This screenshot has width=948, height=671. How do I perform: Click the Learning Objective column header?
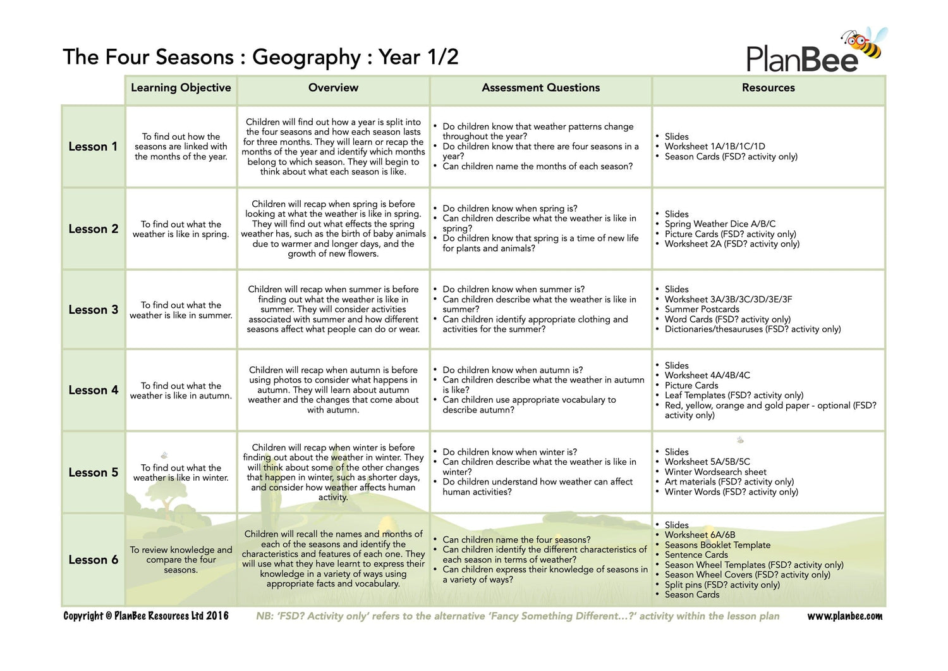pyautogui.click(x=181, y=88)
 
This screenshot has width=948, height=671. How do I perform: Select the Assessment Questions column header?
pyautogui.click(x=540, y=88)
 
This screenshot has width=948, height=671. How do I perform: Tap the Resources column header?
pyautogui.click(x=768, y=88)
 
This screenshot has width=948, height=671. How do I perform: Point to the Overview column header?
pyautogui.click(x=333, y=88)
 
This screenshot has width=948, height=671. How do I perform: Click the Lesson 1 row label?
pyautogui.click(x=93, y=147)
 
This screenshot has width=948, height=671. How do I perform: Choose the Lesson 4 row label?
pyautogui.click(x=93, y=390)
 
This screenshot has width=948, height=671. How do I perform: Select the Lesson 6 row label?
pyautogui.click(x=93, y=560)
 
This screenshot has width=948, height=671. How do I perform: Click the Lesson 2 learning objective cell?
pyautogui.click(x=181, y=229)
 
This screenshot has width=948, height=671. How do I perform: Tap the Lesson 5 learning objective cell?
pyautogui.click(x=181, y=472)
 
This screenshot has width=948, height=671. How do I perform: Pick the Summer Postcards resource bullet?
pyautogui.click(x=702, y=309)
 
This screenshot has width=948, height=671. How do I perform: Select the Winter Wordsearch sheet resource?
pyautogui.click(x=715, y=472)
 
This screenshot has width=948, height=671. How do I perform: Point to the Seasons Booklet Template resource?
pyautogui.click(x=717, y=545)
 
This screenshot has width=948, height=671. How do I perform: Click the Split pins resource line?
pyautogui.click(x=722, y=585)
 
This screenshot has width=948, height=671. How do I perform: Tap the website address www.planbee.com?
pyautogui.click(x=844, y=616)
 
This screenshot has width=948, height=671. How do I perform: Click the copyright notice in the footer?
pyautogui.click(x=146, y=616)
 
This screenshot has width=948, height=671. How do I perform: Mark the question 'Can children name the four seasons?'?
pyautogui.click(x=516, y=539)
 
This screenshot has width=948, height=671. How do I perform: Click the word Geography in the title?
pyautogui.click(x=307, y=57)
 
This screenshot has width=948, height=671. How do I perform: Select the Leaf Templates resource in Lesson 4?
pyautogui.click(x=734, y=395)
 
